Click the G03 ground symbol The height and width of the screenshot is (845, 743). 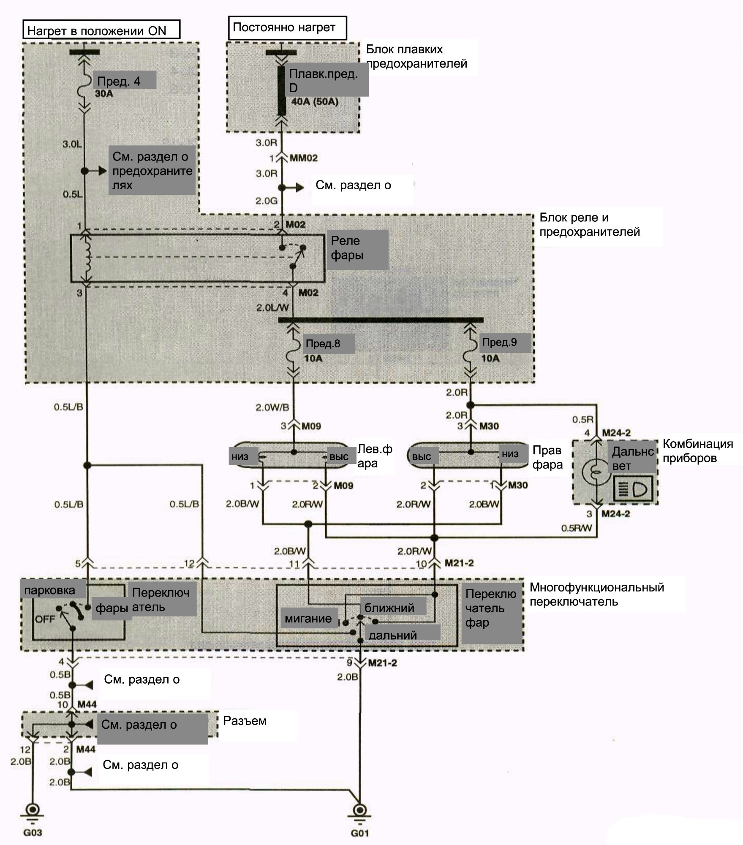click(32, 812)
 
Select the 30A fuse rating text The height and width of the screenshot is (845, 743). click(104, 94)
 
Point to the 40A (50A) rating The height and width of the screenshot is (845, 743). click(315, 102)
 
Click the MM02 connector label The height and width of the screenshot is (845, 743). click(304, 158)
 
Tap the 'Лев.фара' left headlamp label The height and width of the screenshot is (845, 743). click(375, 456)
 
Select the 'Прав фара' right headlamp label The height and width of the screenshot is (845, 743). click(547, 457)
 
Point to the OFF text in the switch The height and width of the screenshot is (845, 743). click(45, 619)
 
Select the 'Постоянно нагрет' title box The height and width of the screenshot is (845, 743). click(287, 28)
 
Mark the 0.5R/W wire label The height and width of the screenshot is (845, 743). click(577, 528)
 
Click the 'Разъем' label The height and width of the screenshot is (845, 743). click(245, 721)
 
